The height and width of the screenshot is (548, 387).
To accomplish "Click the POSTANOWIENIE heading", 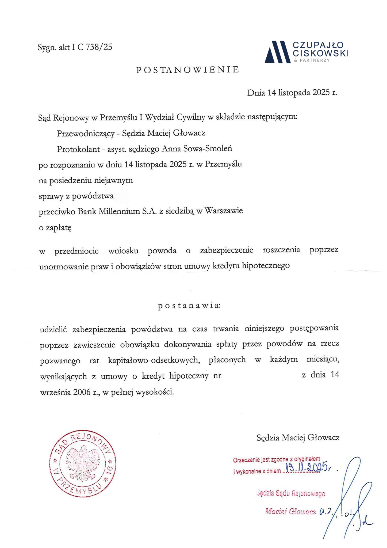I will point(187,70).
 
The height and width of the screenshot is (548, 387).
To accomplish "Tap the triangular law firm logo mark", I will point(277,52).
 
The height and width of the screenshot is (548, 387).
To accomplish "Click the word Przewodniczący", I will point(86,133).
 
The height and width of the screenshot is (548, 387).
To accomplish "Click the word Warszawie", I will point(223,211).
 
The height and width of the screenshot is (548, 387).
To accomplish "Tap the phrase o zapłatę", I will point(55,228).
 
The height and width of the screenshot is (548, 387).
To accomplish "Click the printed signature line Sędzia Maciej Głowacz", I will point(298,438).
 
